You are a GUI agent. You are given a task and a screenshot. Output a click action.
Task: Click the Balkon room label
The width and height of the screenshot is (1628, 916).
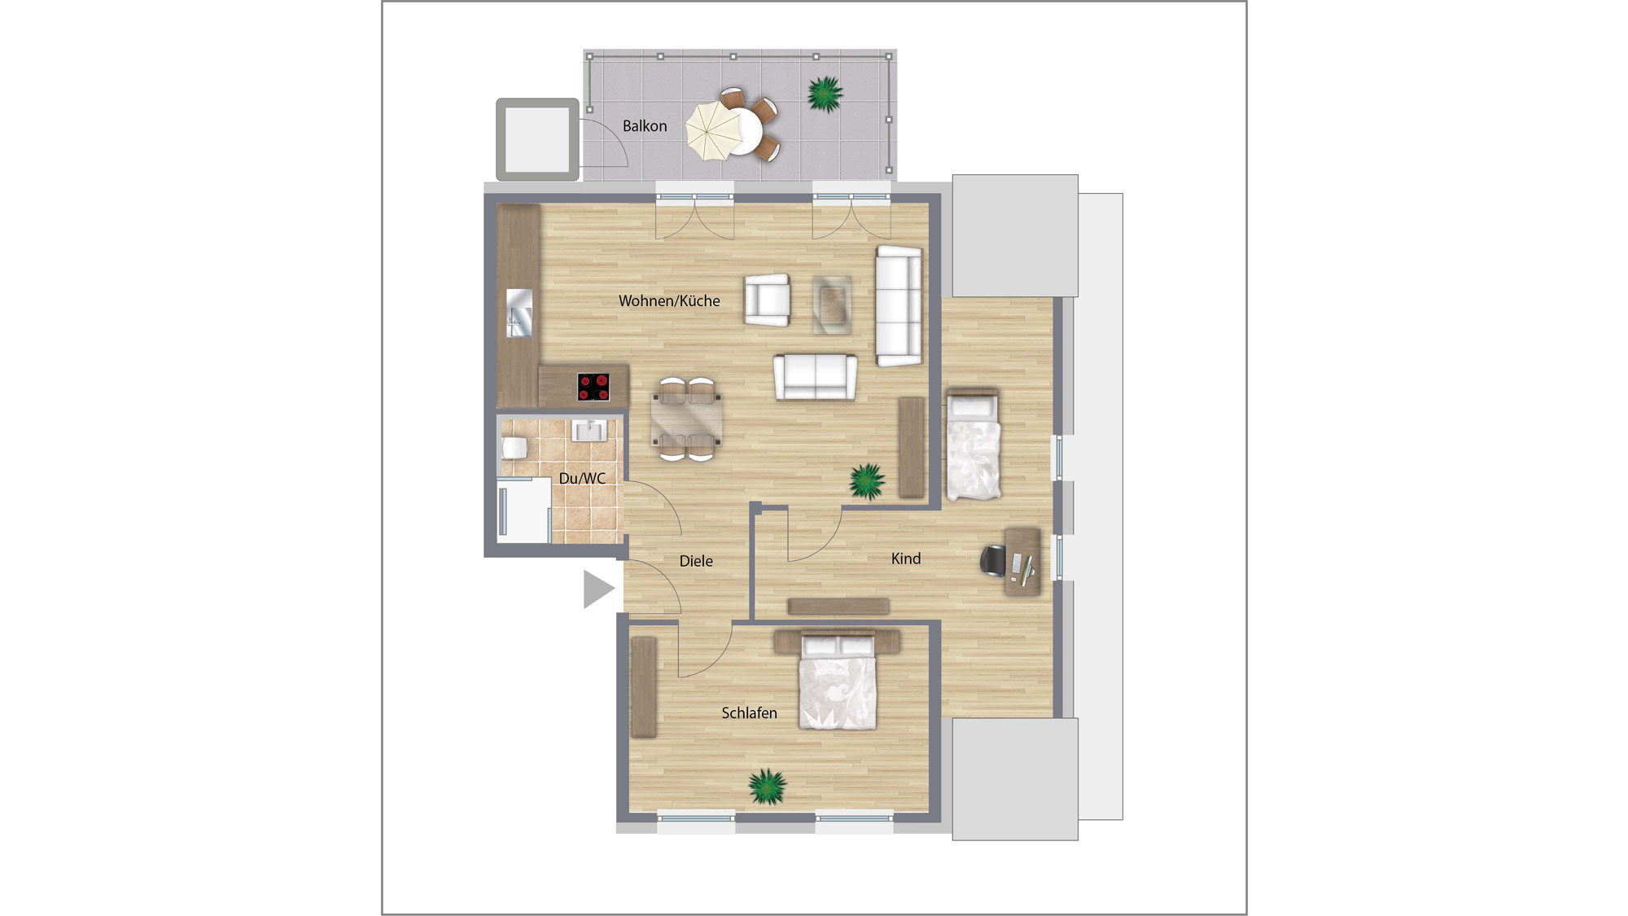(645, 126)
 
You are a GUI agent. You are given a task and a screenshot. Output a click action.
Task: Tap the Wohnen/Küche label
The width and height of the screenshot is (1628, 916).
(669, 301)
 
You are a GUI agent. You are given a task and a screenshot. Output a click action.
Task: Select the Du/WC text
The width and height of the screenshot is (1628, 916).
(582, 479)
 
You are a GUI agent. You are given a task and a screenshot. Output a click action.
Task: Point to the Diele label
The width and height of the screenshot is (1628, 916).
(696, 561)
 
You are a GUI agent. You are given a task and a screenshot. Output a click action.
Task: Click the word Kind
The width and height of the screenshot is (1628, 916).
(906, 559)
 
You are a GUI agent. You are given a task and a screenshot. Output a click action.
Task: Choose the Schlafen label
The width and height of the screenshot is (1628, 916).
(749, 713)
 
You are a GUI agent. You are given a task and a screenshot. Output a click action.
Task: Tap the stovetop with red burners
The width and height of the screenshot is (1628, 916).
(593, 387)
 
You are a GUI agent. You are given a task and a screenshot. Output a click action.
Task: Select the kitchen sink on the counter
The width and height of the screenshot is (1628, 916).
(519, 313)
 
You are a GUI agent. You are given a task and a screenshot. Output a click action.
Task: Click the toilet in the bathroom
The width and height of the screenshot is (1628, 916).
(514, 447)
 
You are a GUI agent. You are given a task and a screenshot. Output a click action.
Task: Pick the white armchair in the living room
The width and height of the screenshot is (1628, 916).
(767, 300)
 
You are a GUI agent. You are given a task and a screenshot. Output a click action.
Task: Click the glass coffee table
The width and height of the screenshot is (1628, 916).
(832, 305)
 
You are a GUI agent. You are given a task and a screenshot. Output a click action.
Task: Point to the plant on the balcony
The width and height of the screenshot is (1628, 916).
(825, 94)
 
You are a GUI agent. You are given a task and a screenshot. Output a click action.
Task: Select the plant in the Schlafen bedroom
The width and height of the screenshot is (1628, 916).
(767, 787)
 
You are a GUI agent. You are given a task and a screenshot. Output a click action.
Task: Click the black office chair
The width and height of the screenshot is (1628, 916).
(992, 561)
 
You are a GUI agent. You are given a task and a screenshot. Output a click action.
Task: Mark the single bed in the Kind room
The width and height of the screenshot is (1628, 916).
(973, 445)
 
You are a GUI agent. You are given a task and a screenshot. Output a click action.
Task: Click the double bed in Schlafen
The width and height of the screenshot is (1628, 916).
(838, 681)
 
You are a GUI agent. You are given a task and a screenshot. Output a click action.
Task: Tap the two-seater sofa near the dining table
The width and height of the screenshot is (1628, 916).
(815, 377)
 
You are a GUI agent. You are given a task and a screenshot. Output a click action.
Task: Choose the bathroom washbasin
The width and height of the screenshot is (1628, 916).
(589, 430)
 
